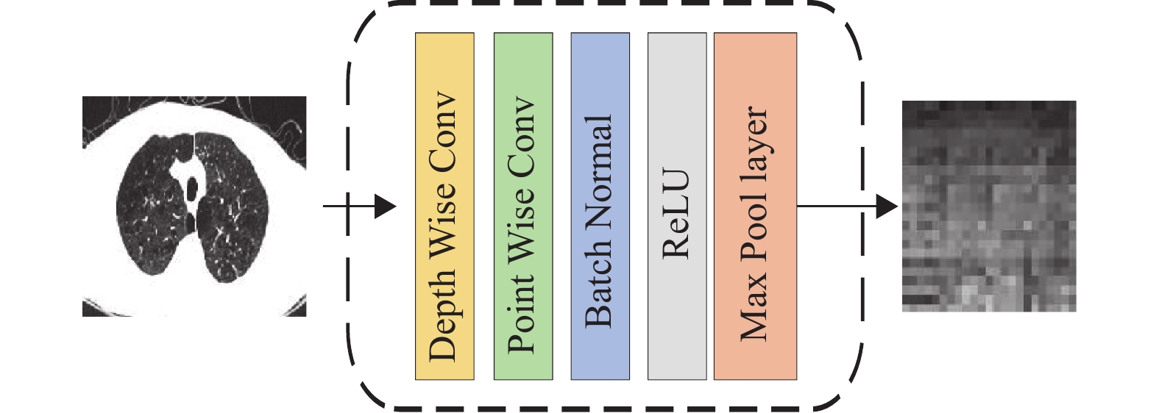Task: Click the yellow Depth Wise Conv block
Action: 444,206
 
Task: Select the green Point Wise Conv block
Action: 522,206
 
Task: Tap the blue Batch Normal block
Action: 600,206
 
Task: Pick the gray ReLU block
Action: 677,206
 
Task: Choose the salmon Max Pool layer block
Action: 755,206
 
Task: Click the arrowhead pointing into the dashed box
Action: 385,206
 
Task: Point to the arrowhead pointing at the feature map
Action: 887,206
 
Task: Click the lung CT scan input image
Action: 194,206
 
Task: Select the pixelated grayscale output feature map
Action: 989,206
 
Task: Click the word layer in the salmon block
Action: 754,147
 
